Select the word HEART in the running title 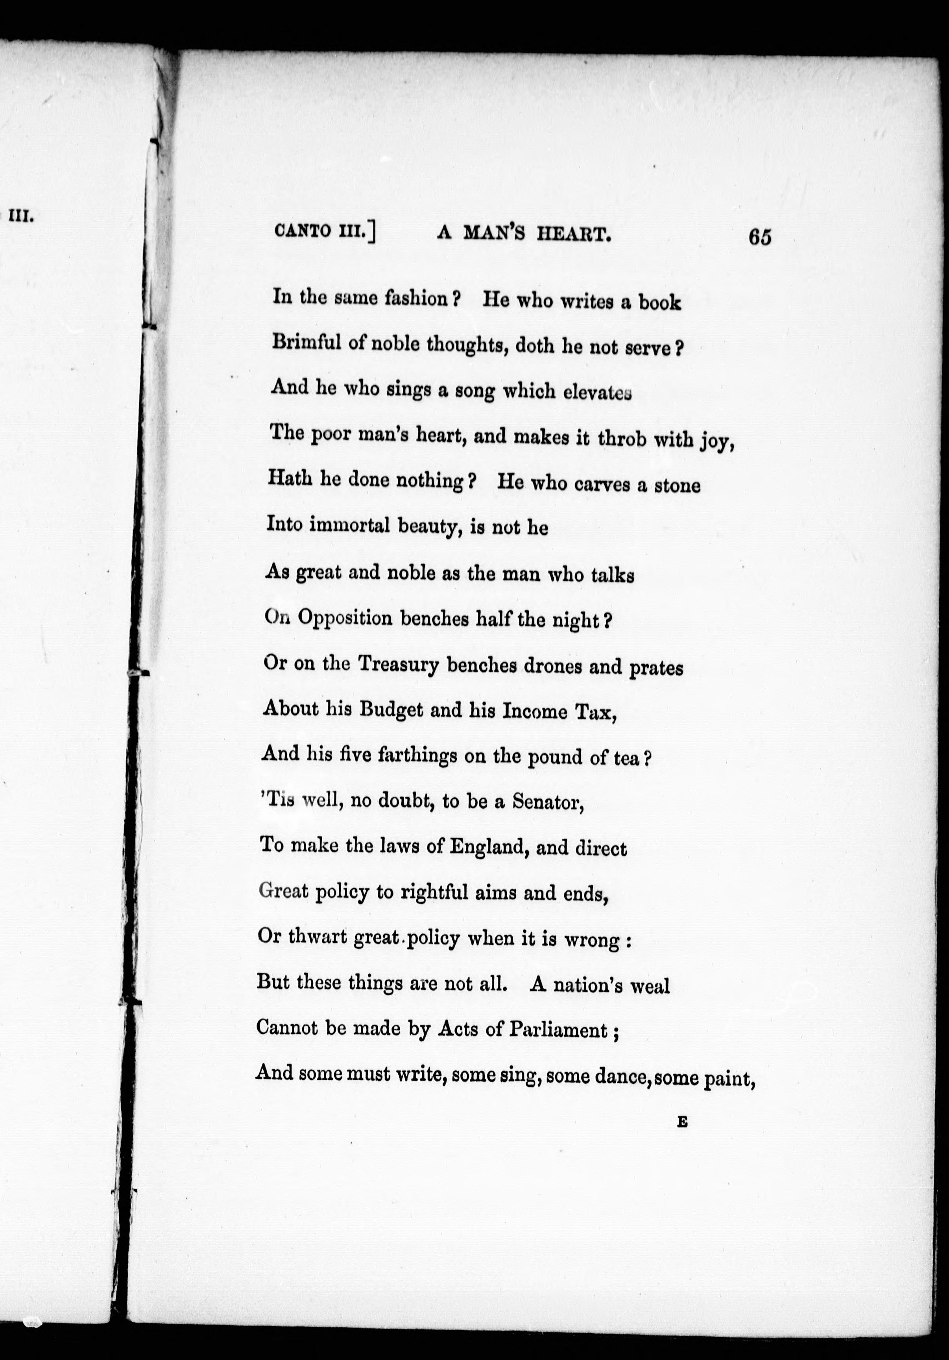[573, 235]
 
